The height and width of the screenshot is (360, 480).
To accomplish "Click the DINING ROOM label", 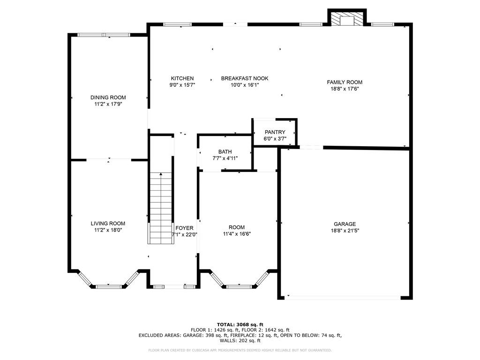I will pos(108,97).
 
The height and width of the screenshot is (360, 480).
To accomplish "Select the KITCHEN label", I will pos(182,78).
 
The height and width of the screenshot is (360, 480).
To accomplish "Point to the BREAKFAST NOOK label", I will pos(245,78).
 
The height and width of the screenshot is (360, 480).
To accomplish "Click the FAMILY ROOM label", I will pos(345,82).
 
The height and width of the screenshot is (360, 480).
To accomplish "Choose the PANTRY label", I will pos(275,132).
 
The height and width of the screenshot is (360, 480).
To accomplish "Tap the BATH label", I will pos(225,152).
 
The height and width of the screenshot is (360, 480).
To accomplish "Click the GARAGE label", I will pos(345,224).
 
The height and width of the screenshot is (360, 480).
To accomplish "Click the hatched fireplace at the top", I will pos(347,19).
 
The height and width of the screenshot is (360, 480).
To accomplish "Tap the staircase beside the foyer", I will pos(161,209).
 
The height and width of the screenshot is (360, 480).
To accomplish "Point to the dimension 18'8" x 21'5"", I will pos(345,231).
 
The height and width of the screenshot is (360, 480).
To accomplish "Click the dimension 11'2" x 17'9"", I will pos(108,105).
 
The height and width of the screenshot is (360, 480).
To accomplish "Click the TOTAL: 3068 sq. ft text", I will pos(240,324).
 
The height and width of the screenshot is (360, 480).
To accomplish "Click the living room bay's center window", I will pos(109,285).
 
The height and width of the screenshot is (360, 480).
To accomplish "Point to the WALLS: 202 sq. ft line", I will pos(240,341).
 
